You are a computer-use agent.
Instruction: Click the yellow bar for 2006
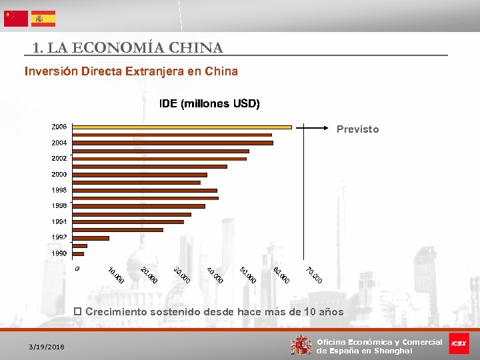tap(182, 127)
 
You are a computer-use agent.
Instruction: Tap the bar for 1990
tap(78, 253)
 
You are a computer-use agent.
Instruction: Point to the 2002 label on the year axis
tap(59, 159)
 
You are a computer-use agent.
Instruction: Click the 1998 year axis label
tap(59, 190)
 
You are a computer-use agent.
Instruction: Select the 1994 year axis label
tap(59, 221)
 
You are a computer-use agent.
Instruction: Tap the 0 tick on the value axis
tap(77, 269)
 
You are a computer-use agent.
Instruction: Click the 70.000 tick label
tap(314, 274)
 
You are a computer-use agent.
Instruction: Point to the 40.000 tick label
tap(215, 274)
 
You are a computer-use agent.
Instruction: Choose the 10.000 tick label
tap(115, 274)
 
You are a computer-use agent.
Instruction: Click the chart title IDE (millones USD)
tap(209, 104)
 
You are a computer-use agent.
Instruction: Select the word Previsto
tap(357, 129)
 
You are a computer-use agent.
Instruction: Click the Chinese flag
tap(16, 18)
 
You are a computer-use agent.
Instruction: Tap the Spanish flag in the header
tap(43, 18)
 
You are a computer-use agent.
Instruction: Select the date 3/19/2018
tap(47, 347)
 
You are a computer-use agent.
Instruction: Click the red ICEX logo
tap(459, 343)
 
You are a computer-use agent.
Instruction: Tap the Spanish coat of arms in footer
tap(301, 345)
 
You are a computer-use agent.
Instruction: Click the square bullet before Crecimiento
tap(77, 312)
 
